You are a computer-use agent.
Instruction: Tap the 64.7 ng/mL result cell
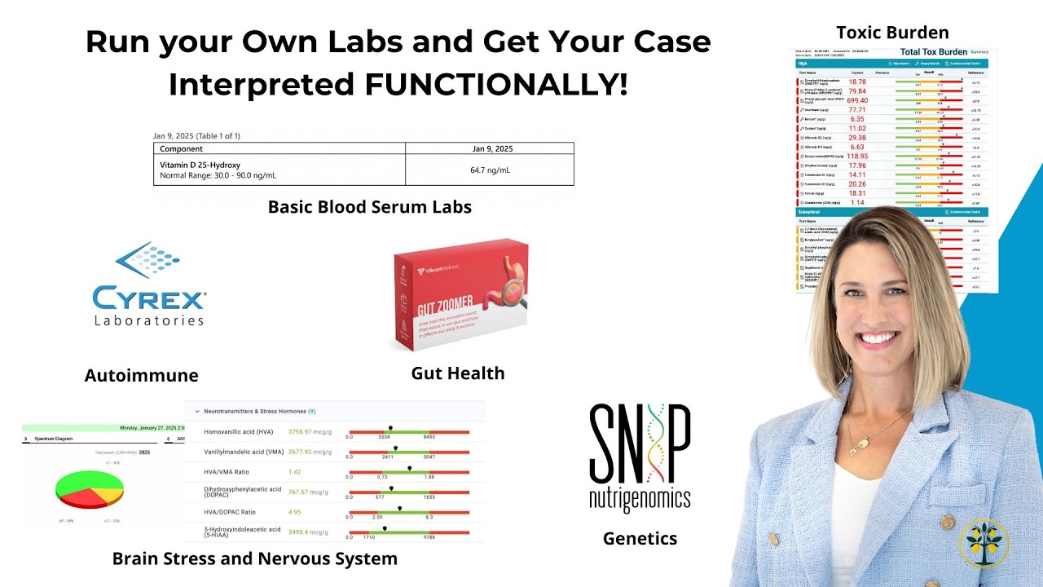click(490, 170)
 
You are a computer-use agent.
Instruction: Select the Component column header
click(181, 149)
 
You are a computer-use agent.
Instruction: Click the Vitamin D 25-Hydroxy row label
click(200, 165)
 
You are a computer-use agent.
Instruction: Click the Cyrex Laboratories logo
click(148, 285)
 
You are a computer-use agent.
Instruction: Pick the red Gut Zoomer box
click(461, 293)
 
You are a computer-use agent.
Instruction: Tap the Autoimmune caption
click(141, 375)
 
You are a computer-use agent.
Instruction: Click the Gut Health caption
click(457, 373)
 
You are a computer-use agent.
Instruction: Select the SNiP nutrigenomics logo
click(640, 457)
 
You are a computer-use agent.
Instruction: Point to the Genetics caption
click(640, 538)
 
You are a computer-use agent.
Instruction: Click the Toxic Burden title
click(892, 33)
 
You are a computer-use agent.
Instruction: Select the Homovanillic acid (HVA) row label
click(239, 431)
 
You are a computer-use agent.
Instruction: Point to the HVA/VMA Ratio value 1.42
click(295, 472)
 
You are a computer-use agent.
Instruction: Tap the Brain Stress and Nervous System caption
click(254, 558)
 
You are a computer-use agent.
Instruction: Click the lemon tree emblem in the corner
click(984, 542)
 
